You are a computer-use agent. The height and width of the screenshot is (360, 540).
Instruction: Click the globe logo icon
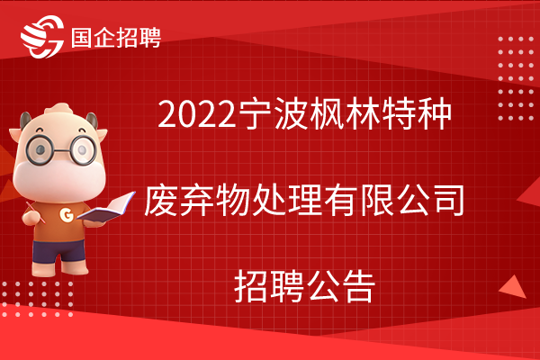(x=42, y=37)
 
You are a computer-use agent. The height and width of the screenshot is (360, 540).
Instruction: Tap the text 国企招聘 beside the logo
(x=116, y=37)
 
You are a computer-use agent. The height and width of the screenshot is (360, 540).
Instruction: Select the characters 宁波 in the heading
(x=273, y=113)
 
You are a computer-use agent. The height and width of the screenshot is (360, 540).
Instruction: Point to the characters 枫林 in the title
(x=345, y=113)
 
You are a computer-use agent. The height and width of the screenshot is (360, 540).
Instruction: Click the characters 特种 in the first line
(x=417, y=113)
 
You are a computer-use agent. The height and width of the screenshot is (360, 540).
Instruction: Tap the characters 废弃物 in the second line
(x=197, y=200)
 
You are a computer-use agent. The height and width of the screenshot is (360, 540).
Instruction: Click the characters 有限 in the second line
(x=358, y=200)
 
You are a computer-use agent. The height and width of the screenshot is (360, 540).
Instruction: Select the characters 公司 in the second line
(x=430, y=200)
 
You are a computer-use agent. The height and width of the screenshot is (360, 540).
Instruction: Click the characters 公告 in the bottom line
(x=340, y=286)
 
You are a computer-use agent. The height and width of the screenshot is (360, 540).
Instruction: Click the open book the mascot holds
(x=106, y=208)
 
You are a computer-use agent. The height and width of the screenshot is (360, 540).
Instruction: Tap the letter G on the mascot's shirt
(x=67, y=214)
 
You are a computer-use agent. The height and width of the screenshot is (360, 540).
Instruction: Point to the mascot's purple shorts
(x=59, y=251)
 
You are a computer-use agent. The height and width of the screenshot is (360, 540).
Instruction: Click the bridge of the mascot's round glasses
(x=61, y=150)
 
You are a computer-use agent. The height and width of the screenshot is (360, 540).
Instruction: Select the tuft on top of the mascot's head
(x=58, y=109)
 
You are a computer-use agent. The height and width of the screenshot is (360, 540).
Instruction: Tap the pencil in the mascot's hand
(x=35, y=212)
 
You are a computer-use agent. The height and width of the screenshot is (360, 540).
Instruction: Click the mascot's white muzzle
(x=59, y=177)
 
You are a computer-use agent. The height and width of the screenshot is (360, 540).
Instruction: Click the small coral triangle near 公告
(x=514, y=288)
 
